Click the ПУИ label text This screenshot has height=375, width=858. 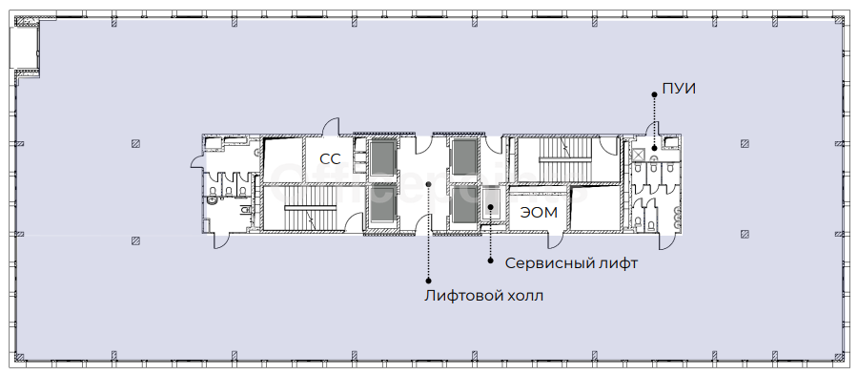(x=679, y=88)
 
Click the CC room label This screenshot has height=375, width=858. (x=330, y=158)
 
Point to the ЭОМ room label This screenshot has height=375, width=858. (x=539, y=213)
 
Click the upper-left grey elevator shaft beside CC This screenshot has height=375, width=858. (x=383, y=158)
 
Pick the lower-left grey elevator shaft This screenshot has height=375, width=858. (x=383, y=205)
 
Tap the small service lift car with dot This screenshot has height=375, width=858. (x=491, y=206)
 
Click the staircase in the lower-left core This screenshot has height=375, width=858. (x=310, y=208)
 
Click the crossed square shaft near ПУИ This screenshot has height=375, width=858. (x=639, y=156)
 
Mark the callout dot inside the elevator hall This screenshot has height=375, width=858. (x=428, y=184)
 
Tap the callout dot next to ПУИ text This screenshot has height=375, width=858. (x=654, y=94)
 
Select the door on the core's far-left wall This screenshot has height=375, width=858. (x=196, y=160)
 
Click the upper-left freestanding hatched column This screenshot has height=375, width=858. (x=135, y=144)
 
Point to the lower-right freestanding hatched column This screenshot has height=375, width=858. (x=745, y=235)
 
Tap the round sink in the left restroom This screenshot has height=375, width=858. (x=213, y=201)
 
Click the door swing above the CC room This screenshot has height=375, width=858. (x=331, y=127)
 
